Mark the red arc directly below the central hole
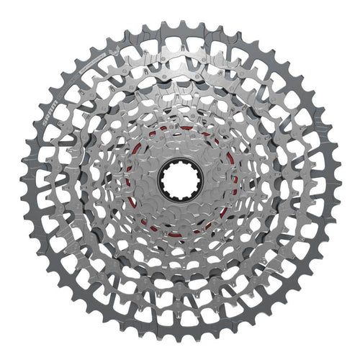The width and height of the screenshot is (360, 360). pos(180,233)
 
